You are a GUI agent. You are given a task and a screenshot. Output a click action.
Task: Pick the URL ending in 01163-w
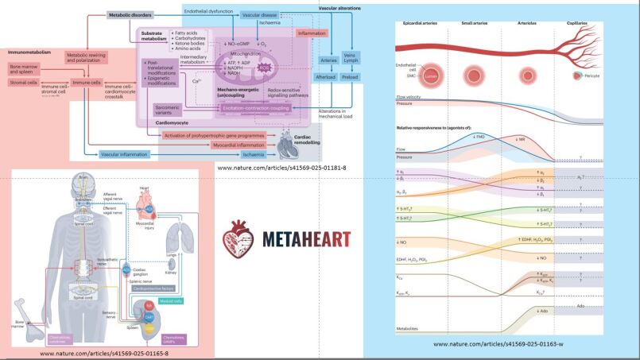498,343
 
